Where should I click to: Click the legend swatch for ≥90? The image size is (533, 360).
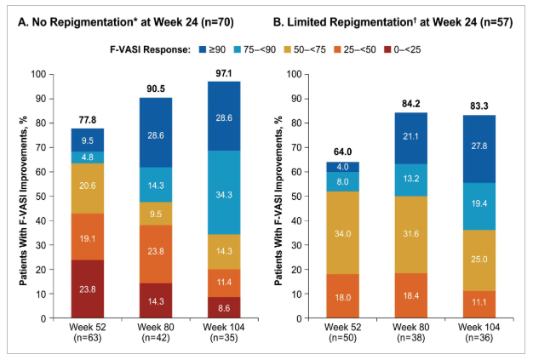coord(204,50)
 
